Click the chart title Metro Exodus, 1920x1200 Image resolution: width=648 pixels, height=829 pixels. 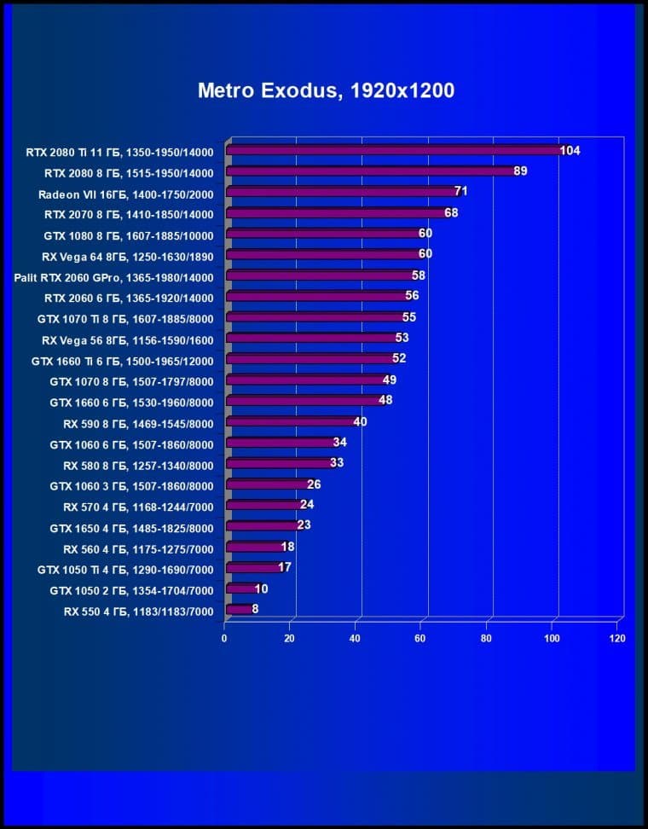pos(326,90)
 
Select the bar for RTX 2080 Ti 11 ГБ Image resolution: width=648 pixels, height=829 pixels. pos(392,151)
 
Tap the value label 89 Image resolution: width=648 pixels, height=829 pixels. pos(520,171)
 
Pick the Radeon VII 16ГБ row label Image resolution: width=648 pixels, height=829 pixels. pos(125,193)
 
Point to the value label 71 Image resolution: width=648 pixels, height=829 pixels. pos(461,192)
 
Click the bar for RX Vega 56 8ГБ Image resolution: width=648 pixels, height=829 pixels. pos(310,339)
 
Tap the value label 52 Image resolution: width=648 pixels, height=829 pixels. pos(399,359)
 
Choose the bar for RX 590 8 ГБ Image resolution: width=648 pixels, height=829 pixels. pos(290,422)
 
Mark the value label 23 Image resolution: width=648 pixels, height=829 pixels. pos(304,525)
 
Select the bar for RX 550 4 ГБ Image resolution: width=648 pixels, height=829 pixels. pos(239,610)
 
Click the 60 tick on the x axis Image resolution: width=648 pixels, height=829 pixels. pos(420,638)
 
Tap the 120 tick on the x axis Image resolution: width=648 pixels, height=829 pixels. pos(617,638)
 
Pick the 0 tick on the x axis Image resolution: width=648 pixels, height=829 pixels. pos(224,638)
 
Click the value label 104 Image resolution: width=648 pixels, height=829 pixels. pos(570,151)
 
